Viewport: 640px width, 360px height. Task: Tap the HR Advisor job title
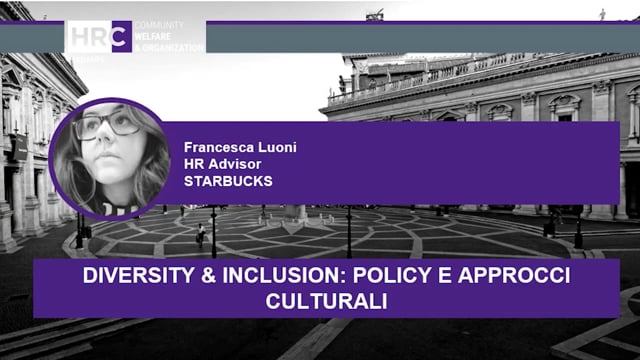click(x=217, y=164)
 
